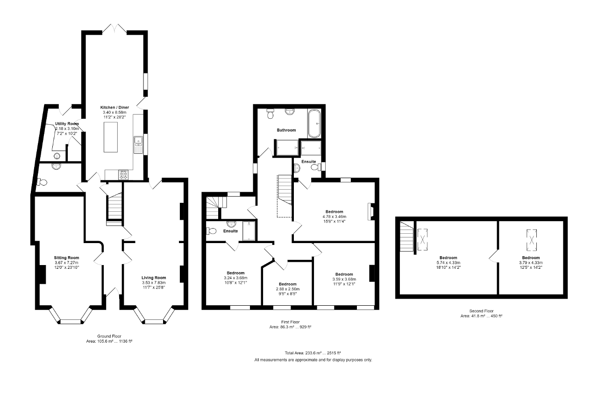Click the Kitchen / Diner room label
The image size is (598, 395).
pos(114,108)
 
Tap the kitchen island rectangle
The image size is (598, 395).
pos(111,137)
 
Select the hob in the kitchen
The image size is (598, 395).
pos(123,175)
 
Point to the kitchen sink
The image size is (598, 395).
pos(138,145)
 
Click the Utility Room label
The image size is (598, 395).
pos(67,124)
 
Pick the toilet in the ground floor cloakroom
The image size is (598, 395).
pos(42,182)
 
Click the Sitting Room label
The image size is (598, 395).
pos(66,258)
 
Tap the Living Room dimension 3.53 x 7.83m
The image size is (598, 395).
pos(154,282)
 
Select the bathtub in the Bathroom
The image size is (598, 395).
pos(314,123)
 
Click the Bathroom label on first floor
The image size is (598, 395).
pos(286,130)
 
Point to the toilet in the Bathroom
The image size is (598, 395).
pos(271,114)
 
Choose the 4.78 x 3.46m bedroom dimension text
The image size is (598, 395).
pos(334,216)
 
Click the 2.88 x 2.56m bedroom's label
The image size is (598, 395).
pos(288,284)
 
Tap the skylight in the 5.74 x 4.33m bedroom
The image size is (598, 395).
pos(422,240)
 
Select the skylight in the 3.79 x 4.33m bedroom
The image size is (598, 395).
pos(532,240)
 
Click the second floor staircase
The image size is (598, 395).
pos(406,237)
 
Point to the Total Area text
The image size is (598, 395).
pos(313,353)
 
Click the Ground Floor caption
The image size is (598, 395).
pos(109,336)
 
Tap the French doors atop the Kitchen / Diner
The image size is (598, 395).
pos(114,29)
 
